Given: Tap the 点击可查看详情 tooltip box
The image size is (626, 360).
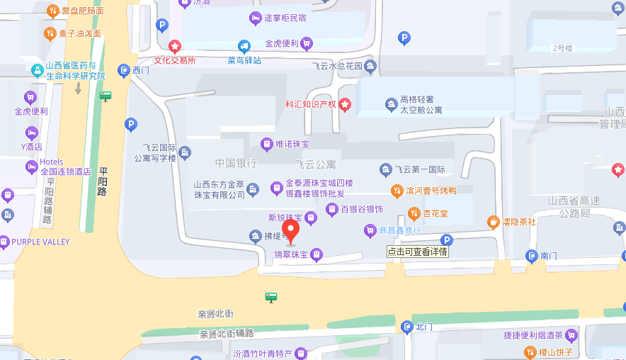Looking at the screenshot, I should [x=418, y=252].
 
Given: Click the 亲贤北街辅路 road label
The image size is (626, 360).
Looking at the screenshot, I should [x=226, y=333].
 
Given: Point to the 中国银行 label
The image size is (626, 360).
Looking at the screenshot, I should [x=236, y=163].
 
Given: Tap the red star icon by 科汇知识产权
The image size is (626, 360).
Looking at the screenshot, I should [x=345, y=105].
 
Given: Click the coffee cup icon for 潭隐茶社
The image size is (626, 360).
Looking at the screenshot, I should [x=492, y=222].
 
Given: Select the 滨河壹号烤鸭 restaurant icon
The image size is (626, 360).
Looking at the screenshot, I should [x=397, y=190].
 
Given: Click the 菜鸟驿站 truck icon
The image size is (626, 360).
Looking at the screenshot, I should [x=244, y=46].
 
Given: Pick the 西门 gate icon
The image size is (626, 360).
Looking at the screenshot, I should [x=125, y=69].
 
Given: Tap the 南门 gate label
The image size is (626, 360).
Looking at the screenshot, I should [x=550, y=256].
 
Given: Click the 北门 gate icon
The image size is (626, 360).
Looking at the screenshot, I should [x=406, y=327].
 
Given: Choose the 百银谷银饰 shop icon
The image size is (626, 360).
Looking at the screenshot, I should [x=331, y=209].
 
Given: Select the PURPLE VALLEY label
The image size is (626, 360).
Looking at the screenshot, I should [x=40, y=242].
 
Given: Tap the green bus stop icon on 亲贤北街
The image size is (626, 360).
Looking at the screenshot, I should [x=271, y=296].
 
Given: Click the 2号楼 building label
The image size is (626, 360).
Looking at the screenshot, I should [x=562, y=48].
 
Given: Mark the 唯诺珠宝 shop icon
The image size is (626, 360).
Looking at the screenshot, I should [x=266, y=144].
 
